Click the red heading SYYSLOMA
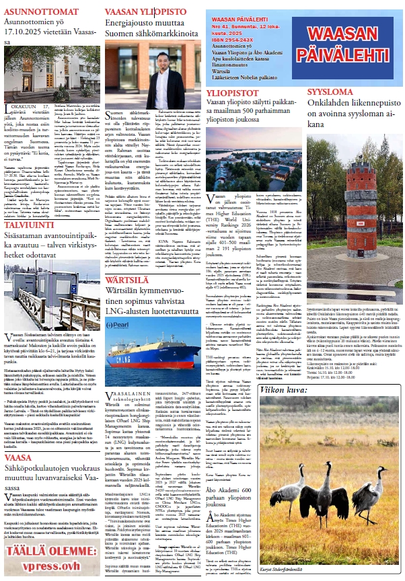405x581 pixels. (x=330, y=91)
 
